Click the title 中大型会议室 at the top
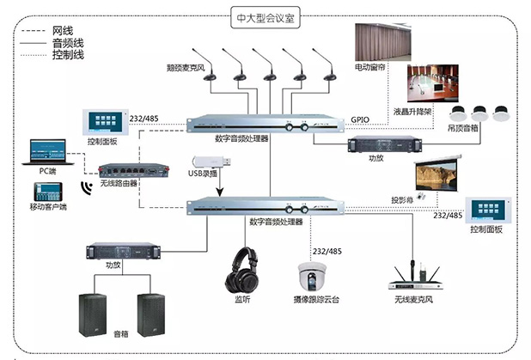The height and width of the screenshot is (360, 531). tap(265, 15)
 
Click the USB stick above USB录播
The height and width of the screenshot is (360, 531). tap(211, 162)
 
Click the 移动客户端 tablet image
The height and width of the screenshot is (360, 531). tap(45, 193)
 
